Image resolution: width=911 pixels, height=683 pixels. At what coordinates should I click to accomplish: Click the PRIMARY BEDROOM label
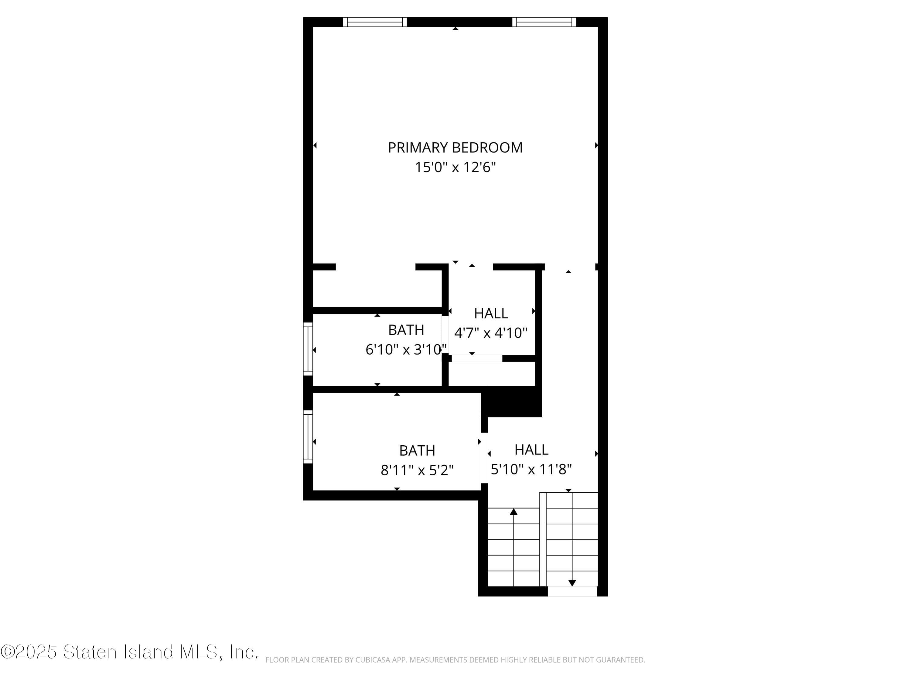coord(455,148)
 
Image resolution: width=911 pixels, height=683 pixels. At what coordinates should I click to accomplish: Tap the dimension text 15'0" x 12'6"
coord(455,167)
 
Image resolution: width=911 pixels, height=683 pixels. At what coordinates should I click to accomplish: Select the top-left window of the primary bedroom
coord(375,22)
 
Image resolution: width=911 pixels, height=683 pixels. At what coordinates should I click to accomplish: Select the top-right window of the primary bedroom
coord(544,22)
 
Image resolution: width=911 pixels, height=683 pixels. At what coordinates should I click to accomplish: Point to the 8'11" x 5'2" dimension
coord(417,470)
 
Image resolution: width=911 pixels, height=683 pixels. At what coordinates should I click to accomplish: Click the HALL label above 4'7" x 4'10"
coord(491,313)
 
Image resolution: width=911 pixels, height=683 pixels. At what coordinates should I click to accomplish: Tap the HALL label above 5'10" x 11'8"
coord(531,450)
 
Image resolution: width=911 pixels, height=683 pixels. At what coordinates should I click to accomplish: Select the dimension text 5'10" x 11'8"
coord(531,469)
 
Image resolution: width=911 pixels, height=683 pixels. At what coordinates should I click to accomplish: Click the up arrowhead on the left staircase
coord(514,512)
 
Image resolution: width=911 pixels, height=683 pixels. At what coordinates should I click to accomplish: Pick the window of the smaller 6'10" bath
coord(308,349)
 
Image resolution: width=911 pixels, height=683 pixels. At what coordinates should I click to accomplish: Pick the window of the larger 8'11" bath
coord(308,437)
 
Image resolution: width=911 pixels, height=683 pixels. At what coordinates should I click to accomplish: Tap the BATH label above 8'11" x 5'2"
coord(417,450)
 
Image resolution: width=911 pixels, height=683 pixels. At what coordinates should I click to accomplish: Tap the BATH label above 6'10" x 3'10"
coord(406,330)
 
